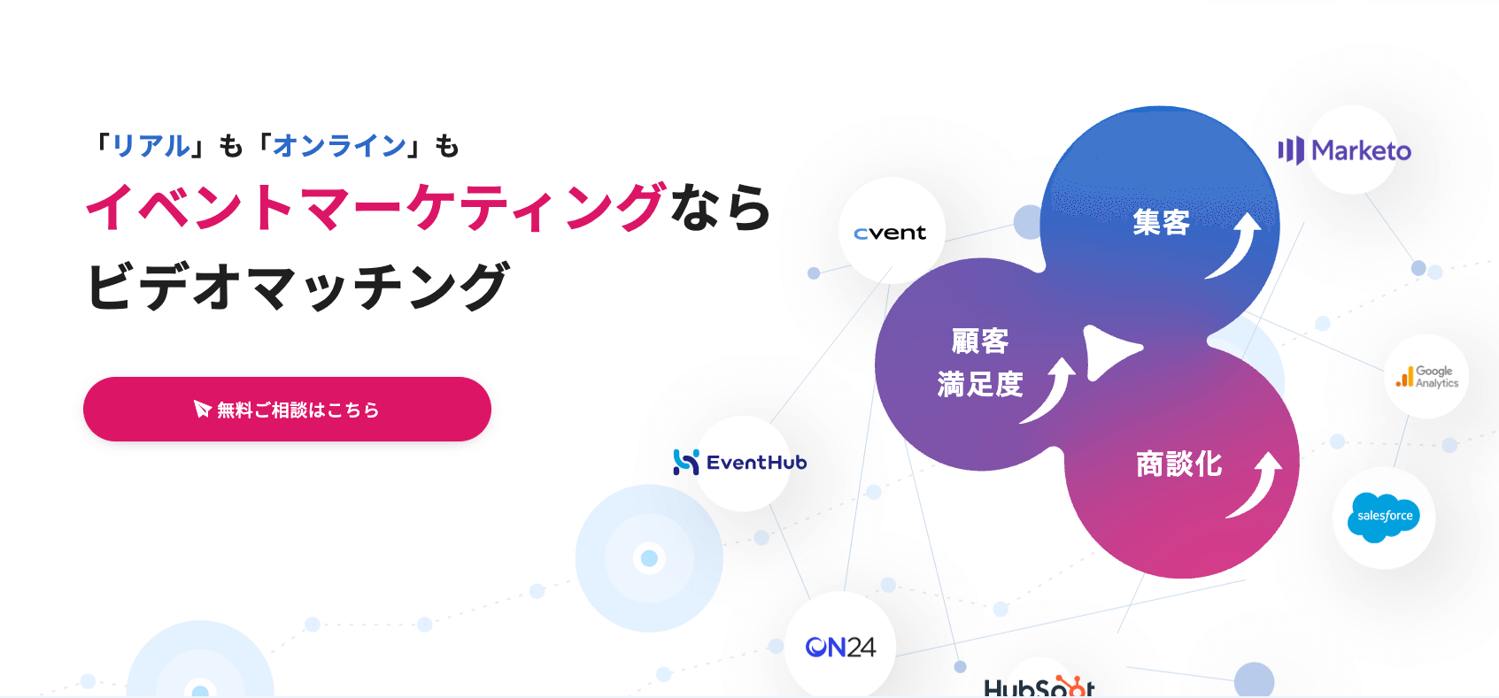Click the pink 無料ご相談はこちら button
coord(287,410)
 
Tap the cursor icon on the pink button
coord(202,409)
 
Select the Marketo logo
coord(1344,151)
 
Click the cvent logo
coord(890,233)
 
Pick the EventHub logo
coord(739,462)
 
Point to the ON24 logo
coord(840,647)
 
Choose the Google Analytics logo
coord(1427,376)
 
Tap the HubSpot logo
coord(1039,686)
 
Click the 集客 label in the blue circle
coord(1161,223)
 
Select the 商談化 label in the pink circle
coord(1179,464)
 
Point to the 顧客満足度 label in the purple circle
coord(979,363)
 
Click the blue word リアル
coord(151,146)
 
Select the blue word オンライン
coord(340,146)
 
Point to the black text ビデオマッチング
coord(298,286)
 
